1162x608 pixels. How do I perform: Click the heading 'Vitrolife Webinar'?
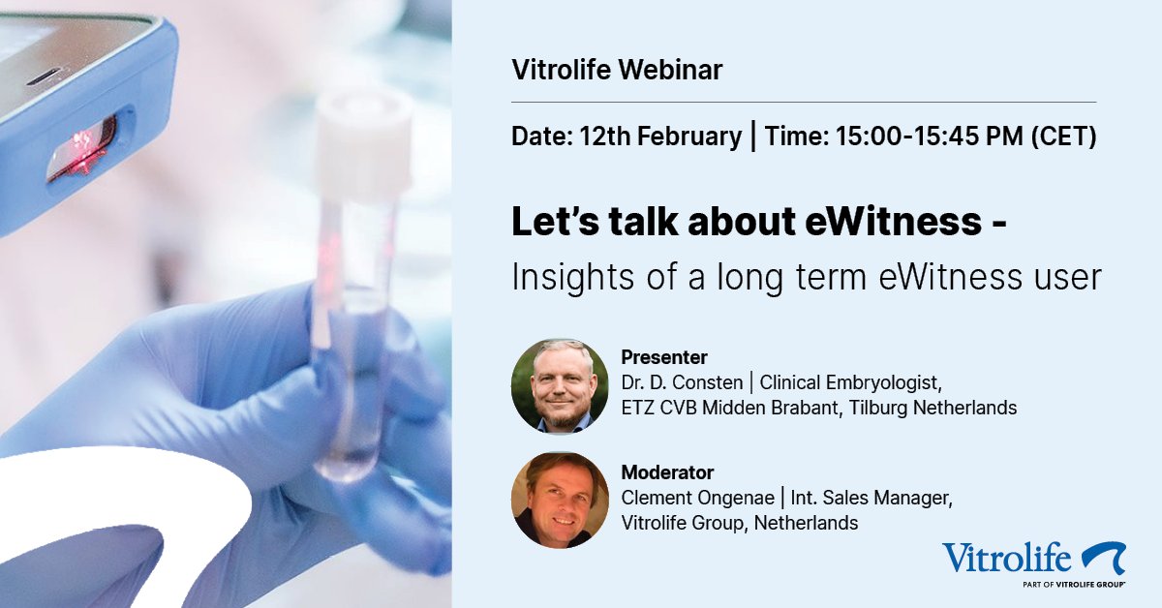tap(617, 70)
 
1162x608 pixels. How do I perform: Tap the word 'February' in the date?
tap(696, 137)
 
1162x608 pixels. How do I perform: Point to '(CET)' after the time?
tap(1062, 137)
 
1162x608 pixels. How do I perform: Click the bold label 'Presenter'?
tap(664, 358)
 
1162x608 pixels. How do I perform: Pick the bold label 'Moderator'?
tap(667, 472)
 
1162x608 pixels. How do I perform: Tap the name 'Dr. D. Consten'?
tap(681, 382)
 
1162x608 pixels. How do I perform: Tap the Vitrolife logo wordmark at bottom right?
tap(1007, 559)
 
